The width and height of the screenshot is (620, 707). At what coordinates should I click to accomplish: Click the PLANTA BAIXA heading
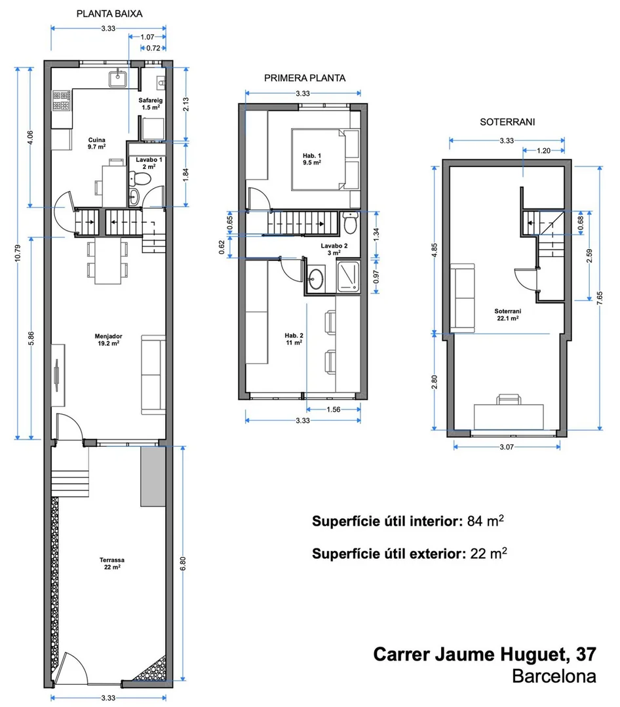click(x=109, y=14)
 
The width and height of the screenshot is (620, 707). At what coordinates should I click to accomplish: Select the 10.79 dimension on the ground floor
click(x=18, y=254)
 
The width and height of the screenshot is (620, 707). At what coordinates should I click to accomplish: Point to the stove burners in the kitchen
click(x=62, y=100)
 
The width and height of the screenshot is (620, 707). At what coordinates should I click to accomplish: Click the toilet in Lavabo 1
click(x=140, y=178)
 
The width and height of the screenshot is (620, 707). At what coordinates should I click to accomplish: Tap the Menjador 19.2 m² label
click(x=108, y=339)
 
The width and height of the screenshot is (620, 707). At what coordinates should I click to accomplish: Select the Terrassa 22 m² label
click(x=112, y=564)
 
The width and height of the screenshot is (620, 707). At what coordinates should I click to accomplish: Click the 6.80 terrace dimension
click(x=183, y=564)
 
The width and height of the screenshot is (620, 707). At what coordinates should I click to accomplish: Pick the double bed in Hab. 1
click(x=325, y=160)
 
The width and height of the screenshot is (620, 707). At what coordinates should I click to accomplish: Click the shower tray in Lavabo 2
click(x=348, y=277)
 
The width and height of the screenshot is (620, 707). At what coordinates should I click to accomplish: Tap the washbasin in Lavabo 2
click(x=316, y=278)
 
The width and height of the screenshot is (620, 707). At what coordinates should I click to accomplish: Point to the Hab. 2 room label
click(x=294, y=339)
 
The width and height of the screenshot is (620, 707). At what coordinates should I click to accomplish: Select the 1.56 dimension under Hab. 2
click(x=333, y=410)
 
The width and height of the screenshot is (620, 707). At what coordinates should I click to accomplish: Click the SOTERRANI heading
click(x=507, y=122)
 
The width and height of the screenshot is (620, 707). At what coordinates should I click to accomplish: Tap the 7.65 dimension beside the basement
click(x=600, y=298)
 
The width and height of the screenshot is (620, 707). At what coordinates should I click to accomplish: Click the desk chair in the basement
click(x=509, y=400)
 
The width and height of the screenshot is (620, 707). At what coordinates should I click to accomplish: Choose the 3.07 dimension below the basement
click(x=507, y=447)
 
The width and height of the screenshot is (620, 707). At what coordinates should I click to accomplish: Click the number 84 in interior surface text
click(x=475, y=521)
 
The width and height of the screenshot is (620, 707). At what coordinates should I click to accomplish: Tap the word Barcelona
click(x=554, y=676)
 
